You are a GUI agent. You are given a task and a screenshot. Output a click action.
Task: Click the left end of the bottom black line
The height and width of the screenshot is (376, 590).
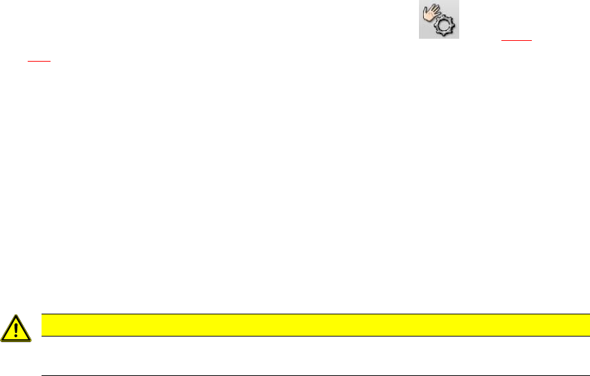pos(43,375)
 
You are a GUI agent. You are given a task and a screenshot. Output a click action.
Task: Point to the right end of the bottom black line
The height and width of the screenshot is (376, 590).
pos(579,375)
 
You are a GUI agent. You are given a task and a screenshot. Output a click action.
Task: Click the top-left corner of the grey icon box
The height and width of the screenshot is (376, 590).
pos(418,1)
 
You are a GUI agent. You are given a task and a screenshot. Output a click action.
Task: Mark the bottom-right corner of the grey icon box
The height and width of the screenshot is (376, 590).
pos(458,38)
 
